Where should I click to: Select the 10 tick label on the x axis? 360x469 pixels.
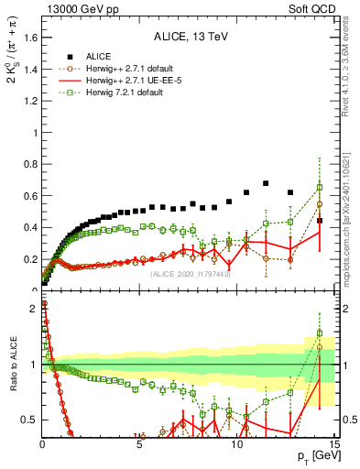coord(236,446)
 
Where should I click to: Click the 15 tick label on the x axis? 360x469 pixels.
coord(333,446)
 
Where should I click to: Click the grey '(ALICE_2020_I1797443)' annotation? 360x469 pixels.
coord(191,274)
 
